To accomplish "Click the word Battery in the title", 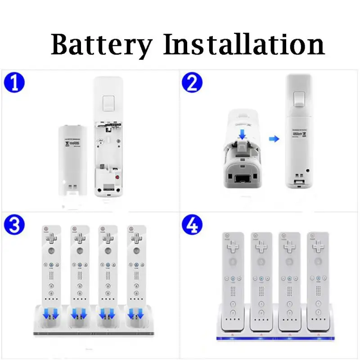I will pos(102,45).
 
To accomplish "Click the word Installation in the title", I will pos(243,45).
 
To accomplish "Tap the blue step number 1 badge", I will pos(14,84).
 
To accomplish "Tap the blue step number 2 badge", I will pos(192,84).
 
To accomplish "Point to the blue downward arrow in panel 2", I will pos(242,134).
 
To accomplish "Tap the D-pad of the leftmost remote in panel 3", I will pos(51,237).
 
